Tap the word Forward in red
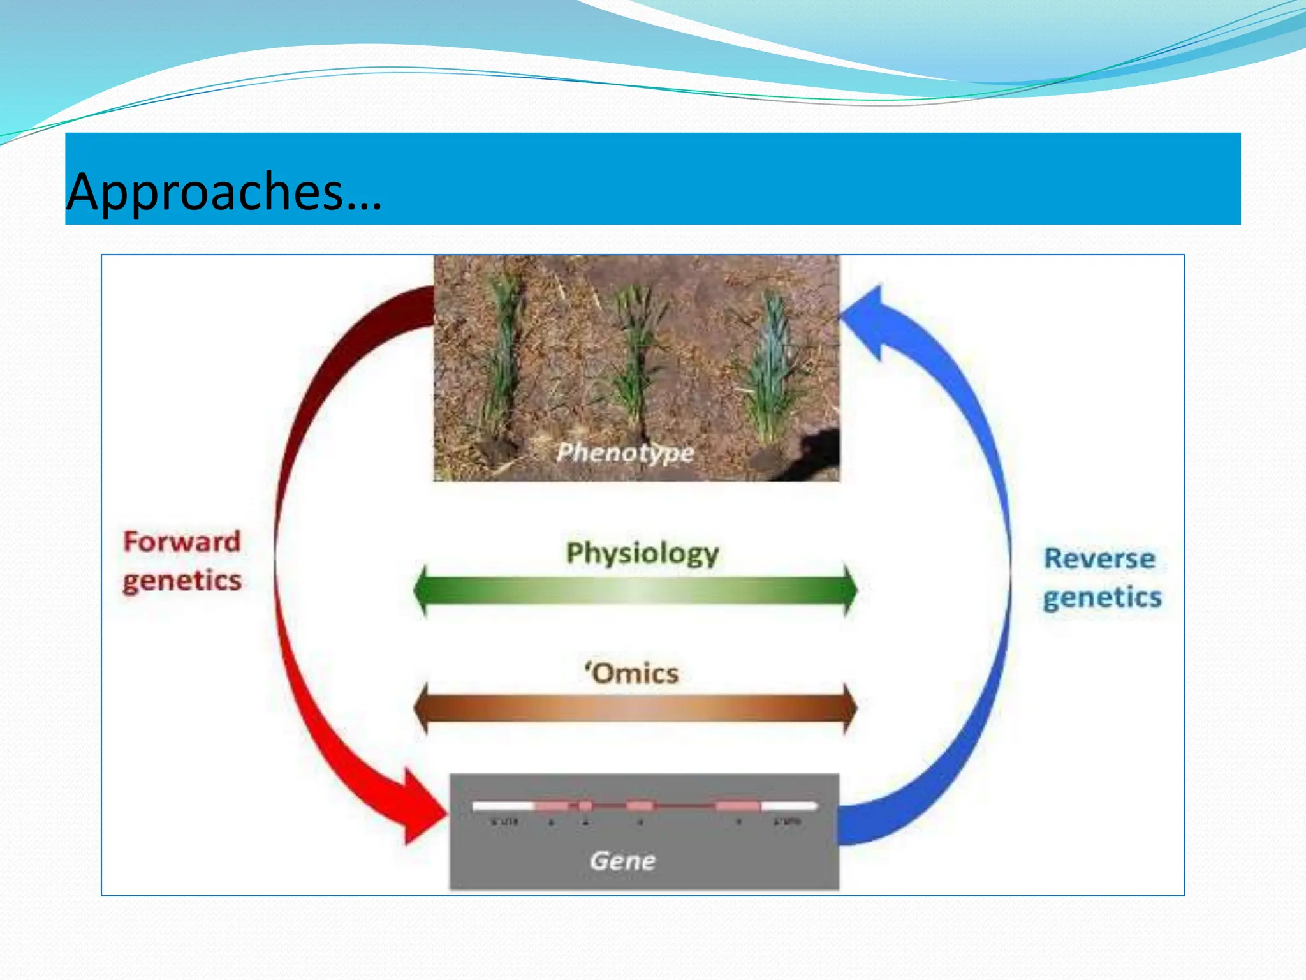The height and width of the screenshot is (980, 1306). click(182, 542)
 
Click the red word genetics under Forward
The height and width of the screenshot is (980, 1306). click(182, 581)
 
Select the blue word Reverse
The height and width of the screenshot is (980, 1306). click(1099, 559)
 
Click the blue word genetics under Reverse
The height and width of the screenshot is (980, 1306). click(1102, 598)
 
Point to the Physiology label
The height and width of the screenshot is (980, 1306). click(642, 553)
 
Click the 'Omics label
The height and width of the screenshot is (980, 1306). click(632, 674)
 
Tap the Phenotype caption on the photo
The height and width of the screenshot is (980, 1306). click(625, 452)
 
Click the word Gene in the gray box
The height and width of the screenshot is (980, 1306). click(622, 861)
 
